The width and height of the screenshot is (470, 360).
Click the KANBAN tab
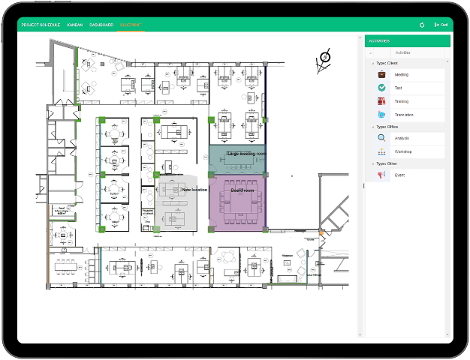click(x=75, y=25)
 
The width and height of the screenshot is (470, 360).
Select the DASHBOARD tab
click(x=101, y=25)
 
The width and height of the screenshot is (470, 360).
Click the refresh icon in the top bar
click(x=422, y=25)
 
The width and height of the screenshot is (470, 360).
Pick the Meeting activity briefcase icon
click(x=382, y=74)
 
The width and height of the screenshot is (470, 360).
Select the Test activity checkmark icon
click(x=382, y=88)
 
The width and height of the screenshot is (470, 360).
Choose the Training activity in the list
click(x=402, y=101)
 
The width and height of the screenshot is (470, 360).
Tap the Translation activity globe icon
click(x=382, y=115)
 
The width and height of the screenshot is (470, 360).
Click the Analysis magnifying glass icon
click(x=382, y=138)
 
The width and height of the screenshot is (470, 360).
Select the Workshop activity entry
click(x=403, y=151)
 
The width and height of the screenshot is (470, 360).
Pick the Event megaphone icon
click(x=382, y=175)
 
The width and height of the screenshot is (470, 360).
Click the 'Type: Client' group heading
click(x=387, y=63)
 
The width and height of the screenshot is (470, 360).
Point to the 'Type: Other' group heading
click(x=387, y=163)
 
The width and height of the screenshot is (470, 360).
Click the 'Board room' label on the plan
click(x=243, y=190)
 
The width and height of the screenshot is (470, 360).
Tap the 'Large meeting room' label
click(x=246, y=154)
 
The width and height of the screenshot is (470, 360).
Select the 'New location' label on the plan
click(x=194, y=190)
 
